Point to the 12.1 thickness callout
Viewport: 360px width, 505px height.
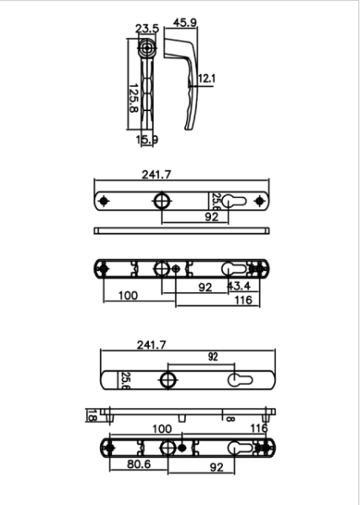click(x=207, y=79)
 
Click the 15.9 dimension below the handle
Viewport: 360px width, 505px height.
click(x=146, y=140)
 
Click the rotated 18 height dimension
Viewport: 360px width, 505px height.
click(x=91, y=414)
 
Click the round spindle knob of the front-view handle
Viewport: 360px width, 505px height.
click(x=148, y=47)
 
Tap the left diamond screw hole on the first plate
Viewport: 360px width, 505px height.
click(x=103, y=202)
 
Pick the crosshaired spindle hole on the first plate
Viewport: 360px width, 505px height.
click(x=161, y=202)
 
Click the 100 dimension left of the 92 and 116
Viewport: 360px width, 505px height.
click(x=128, y=295)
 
